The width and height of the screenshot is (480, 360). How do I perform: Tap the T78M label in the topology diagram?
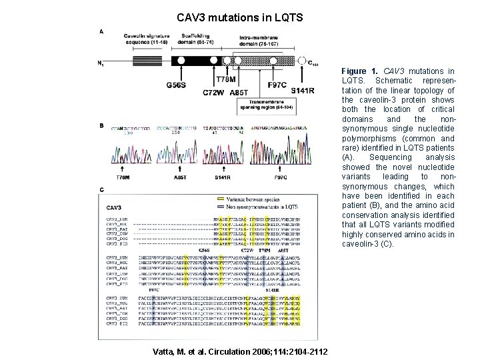(x=226, y=80)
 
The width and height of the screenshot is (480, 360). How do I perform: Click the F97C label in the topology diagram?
(x=276, y=85)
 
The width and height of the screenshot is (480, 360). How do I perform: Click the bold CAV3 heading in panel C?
(x=115, y=207)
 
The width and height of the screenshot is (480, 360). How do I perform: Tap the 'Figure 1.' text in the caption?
(x=354, y=71)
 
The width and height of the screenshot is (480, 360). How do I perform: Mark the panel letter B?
(x=101, y=125)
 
